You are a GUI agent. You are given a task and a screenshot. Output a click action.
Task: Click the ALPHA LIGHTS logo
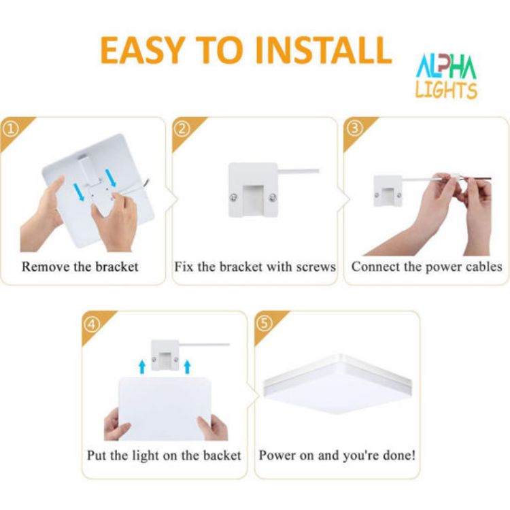(446, 75)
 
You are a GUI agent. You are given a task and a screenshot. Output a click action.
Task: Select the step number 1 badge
(10, 127)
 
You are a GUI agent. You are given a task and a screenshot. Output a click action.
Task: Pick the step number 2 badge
(181, 127)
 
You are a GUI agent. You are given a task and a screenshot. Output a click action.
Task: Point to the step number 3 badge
(354, 127)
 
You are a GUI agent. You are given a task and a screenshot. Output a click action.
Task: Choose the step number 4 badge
(92, 322)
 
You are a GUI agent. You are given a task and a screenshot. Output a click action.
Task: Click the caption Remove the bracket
(80, 266)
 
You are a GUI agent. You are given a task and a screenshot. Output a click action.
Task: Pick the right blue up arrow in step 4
(187, 368)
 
